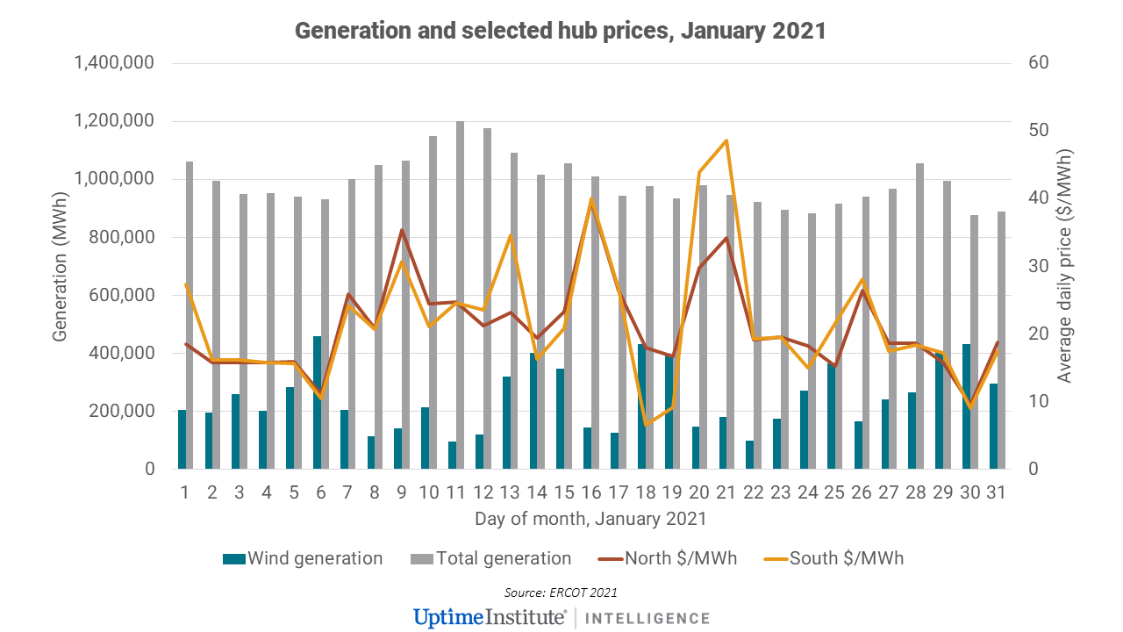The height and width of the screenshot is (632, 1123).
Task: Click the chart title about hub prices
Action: (x=561, y=31)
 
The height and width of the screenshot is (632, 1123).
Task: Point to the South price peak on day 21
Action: (x=726, y=141)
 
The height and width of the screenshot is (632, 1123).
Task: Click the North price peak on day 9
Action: (x=402, y=230)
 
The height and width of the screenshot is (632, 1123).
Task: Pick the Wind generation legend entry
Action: (x=303, y=558)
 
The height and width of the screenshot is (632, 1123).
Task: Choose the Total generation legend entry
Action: (x=491, y=558)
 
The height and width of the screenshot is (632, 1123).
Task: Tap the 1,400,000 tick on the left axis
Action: (x=115, y=63)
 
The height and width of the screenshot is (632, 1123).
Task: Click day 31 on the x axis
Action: (x=997, y=493)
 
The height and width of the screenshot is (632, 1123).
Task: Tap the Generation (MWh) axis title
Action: (x=60, y=266)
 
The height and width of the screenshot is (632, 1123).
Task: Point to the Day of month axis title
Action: (x=590, y=520)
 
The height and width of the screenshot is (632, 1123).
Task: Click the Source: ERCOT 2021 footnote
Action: (x=561, y=592)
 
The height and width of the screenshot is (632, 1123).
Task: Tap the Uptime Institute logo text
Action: (x=490, y=617)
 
